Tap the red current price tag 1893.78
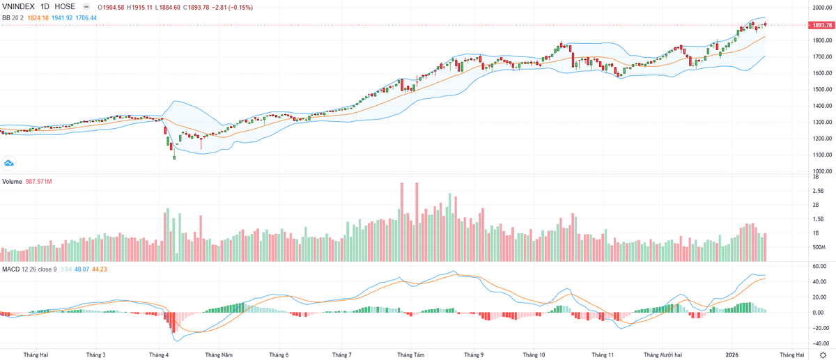coord(819,26)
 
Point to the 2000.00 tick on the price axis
coord(819,8)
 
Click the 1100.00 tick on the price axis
coord(819,155)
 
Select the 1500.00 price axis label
coord(819,90)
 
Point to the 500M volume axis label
coord(819,247)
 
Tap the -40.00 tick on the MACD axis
coord(819,343)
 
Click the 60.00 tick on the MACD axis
coord(819,266)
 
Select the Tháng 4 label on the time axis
coord(159,354)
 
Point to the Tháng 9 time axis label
coord(474,354)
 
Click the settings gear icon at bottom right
coord(823,355)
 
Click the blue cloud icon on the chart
coord(9,163)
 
